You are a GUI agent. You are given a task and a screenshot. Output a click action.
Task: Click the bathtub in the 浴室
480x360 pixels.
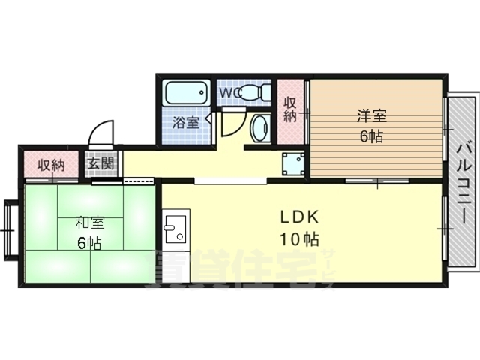pyautogui.click(x=185, y=94)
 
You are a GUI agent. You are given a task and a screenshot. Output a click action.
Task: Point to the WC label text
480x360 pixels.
pyautogui.click(x=229, y=92)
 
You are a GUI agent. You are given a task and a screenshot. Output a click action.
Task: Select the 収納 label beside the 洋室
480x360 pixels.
pyautogui.click(x=291, y=110)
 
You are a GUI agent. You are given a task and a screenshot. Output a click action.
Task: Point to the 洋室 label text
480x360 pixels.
pyautogui.click(x=371, y=116)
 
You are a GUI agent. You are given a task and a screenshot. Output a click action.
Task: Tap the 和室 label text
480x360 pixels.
pyautogui.click(x=89, y=223)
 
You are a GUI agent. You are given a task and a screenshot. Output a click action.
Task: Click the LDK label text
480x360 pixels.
pyautogui.click(x=300, y=217)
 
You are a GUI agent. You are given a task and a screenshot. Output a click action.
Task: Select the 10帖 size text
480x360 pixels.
pyautogui.click(x=300, y=240)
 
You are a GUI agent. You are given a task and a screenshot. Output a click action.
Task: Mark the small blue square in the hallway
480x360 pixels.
pyautogui.click(x=292, y=163)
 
